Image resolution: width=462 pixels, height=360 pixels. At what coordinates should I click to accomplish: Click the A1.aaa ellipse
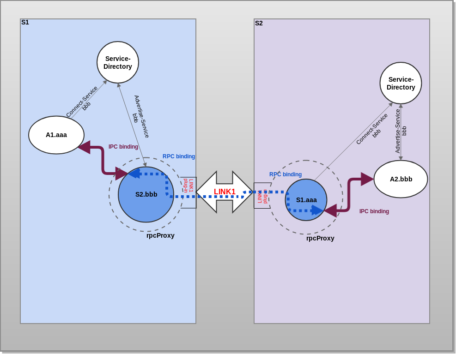[x=56, y=135]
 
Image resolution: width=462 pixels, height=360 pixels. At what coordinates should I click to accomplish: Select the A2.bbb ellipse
[x=401, y=179]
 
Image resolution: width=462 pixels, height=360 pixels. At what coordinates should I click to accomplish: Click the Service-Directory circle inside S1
[x=118, y=62]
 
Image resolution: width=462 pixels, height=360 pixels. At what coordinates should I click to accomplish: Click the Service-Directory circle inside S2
[x=401, y=83]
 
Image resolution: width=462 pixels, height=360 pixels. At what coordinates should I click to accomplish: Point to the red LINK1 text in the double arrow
[x=225, y=192]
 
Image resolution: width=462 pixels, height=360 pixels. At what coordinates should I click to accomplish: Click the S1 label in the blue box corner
[x=25, y=22]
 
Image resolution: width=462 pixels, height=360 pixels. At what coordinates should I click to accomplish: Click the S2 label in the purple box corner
[x=259, y=23]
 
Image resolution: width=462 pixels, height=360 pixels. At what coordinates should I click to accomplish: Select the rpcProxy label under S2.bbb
[x=160, y=235]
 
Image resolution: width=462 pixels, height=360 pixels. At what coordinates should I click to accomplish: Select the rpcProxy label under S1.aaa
[x=320, y=238]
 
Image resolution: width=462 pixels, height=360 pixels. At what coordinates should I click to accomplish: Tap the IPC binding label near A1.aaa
[x=123, y=147]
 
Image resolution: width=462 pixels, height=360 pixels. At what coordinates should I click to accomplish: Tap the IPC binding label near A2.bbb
[x=374, y=211]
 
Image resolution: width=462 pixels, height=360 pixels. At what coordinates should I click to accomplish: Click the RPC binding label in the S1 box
[x=179, y=156]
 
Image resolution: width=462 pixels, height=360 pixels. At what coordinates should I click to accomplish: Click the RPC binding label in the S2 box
[x=286, y=174]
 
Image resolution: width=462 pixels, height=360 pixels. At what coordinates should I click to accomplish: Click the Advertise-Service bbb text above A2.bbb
[x=401, y=131]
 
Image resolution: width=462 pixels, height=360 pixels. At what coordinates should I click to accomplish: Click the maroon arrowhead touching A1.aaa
[x=84, y=147]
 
